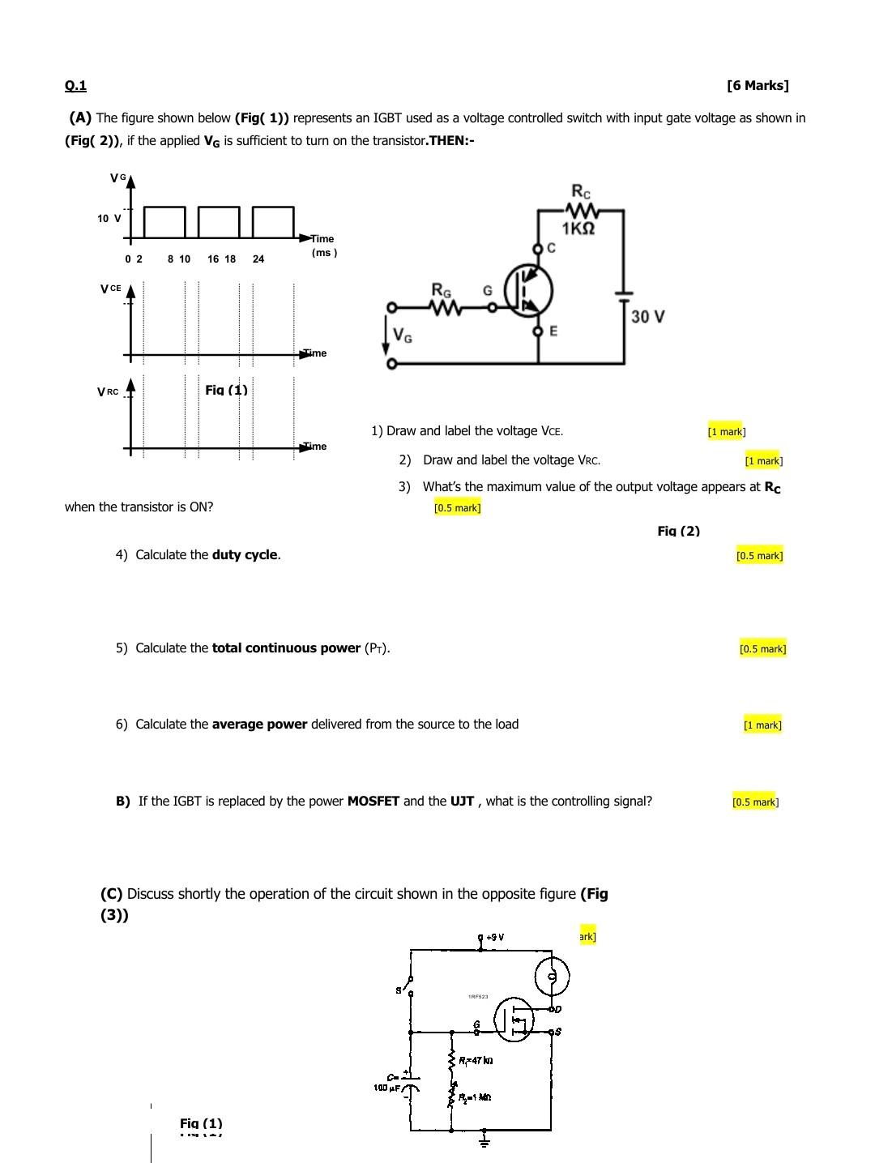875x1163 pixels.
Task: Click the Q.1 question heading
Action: coord(75,86)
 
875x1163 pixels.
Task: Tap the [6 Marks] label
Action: coord(758,86)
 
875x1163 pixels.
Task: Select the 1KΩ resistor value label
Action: coord(578,229)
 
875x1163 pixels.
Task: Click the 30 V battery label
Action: coord(647,317)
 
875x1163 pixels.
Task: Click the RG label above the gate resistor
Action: coord(442,290)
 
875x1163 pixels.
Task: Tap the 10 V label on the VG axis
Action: coord(109,218)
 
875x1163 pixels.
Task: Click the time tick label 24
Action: coord(258,259)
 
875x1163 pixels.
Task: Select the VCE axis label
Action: coord(111,289)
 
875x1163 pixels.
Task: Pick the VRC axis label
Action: coord(108,392)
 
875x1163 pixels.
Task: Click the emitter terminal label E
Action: coord(553,331)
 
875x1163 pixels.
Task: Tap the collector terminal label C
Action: coord(551,248)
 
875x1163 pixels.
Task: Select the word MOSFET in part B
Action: coord(373,802)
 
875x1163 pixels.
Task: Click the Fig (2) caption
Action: coord(678,532)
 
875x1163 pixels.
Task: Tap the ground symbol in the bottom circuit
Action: coord(484,1141)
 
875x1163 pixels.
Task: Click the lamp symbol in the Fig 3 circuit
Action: coord(552,976)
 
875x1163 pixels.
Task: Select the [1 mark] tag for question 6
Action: coord(762,725)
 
